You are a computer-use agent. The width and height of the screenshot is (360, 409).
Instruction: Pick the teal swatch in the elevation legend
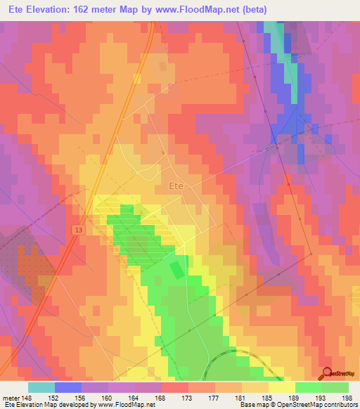click(41, 387)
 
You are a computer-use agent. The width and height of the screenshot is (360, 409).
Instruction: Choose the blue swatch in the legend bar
click(68, 387)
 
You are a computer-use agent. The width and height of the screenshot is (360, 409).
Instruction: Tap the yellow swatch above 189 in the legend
click(282, 387)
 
